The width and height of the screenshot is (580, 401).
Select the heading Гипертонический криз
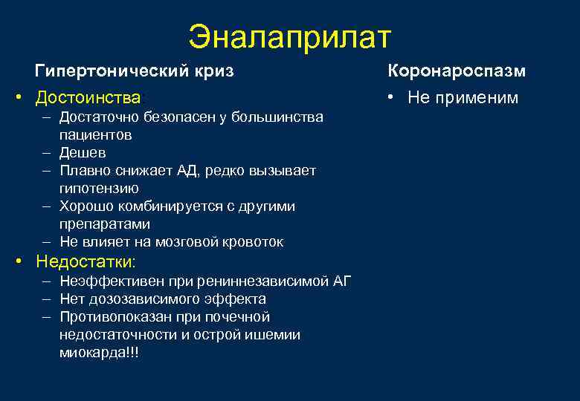click(134, 71)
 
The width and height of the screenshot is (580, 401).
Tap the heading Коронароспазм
click(456, 71)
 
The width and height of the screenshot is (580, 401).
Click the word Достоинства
click(88, 98)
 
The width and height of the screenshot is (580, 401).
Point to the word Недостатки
click(86, 262)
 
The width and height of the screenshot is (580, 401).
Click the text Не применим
click(463, 98)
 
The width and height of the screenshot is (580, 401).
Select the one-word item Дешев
click(83, 153)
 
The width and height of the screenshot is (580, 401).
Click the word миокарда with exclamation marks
click(98, 353)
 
